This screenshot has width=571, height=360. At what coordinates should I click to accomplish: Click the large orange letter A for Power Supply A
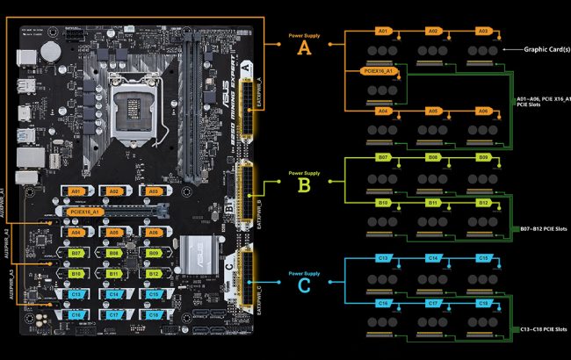coord(305,48)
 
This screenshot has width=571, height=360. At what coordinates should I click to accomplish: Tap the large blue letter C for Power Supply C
coord(305,285)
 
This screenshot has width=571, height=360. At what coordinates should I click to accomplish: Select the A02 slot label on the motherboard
coord(112,191)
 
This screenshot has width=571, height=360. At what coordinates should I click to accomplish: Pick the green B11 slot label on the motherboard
coord(112,273)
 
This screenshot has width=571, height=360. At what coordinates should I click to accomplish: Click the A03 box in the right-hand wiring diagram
coord(482,31)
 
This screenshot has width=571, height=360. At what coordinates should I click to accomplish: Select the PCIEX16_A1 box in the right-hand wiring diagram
coord(377,70)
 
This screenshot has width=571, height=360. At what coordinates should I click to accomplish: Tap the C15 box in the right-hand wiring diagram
coord(482,258)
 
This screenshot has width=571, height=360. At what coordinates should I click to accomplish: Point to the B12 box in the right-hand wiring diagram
coord(482,202)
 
